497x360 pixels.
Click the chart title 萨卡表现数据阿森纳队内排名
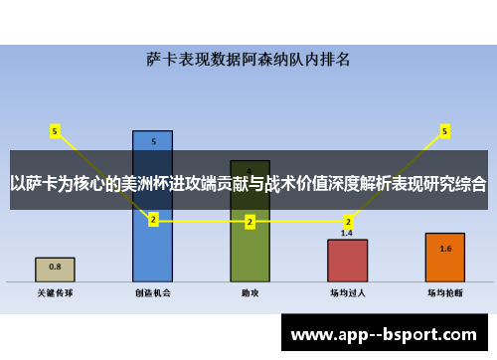click(x=248, y=59)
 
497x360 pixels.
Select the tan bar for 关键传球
click(x=55, y=269)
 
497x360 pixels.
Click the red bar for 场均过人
click(x=347, y=261)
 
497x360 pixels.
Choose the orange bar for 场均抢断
click(x=444, y=257)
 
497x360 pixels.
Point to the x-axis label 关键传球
click(x=55, y=293)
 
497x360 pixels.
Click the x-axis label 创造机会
click(x=152, y=293)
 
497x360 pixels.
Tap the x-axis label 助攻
click(x=249, y=293)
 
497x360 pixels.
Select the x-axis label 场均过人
click(x=347, y=293)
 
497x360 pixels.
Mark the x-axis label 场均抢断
click(x=444, y=293)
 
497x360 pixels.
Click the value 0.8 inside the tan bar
click(x=55, y=267)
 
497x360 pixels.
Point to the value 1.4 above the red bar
click(x=347, y=233)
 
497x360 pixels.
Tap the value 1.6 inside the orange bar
click(x=444, y=249)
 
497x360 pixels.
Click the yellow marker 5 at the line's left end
click(x=55, y=130)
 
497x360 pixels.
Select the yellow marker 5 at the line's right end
click(x=444, y=130)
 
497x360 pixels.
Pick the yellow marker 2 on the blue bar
click(x=152, y=221)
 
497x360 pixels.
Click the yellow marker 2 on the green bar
click(x=249, y=222)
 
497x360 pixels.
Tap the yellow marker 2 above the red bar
click(x=347, y=221)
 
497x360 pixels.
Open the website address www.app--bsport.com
click(x=383, y=335)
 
